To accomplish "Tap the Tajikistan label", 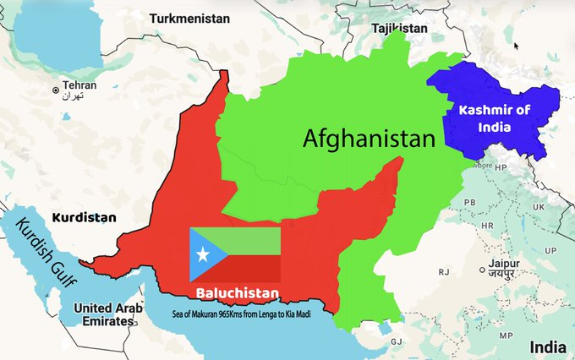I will (398, 28).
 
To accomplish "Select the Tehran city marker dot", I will (57, 89).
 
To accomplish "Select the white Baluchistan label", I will (238, 294).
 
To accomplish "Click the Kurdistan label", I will (83, 217).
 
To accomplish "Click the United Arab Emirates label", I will (105, 314).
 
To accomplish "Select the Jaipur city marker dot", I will (484, 272).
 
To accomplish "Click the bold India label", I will (547, 347).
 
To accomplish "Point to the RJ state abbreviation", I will (442, 272).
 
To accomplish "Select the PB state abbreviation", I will (468, 203).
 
